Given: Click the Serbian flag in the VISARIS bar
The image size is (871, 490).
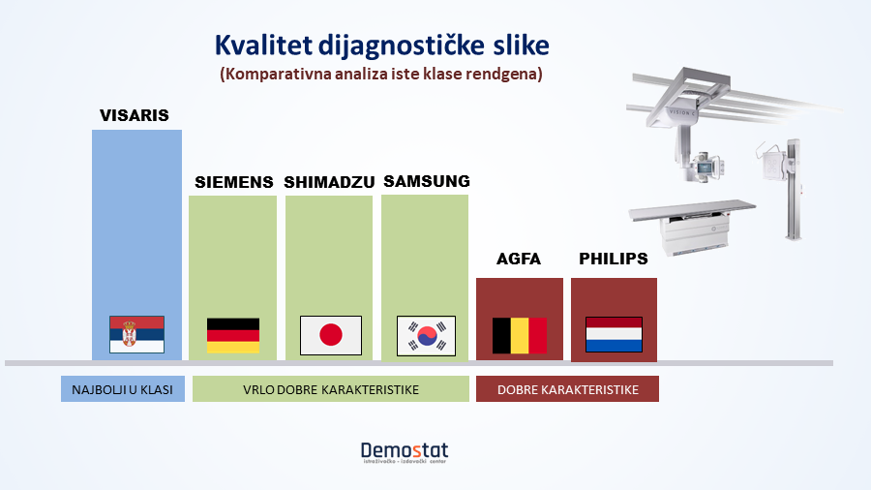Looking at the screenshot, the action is coord(136,334).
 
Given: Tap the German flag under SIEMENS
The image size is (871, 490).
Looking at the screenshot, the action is coord(233,336).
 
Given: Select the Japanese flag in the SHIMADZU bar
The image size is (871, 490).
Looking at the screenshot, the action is coord(331,336).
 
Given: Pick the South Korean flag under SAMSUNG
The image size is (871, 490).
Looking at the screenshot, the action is coord(426,336).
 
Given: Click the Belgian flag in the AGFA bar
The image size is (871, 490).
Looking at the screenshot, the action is coord(520,336).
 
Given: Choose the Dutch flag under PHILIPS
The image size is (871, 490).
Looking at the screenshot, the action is coord(614,334).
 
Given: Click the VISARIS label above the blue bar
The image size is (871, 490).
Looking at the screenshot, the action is coord(135,115).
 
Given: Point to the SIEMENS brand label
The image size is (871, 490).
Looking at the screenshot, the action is coord(234,182).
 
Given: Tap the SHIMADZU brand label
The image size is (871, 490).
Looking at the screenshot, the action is coord(329,182).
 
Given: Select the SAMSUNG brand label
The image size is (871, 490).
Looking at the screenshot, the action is coord(427,181).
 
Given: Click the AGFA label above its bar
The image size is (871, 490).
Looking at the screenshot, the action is coord(519,259).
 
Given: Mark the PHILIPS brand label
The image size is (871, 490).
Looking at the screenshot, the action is coord(614,259).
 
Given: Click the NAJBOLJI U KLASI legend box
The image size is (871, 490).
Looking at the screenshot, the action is coord(123,389).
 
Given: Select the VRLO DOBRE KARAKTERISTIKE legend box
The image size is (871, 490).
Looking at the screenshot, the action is coord(331,389).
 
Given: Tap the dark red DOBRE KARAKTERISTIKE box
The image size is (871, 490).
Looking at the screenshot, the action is coord(567,389).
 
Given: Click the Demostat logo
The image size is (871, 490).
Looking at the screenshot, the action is coord(405,452).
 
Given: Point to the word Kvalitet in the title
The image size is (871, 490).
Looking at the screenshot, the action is coord(264,46).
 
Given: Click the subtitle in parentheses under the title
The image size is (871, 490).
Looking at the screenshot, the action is coord(381,74).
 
